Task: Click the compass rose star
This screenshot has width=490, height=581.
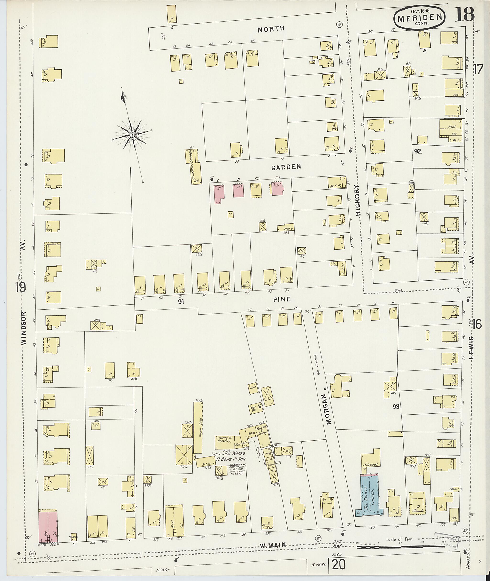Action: (132, 135)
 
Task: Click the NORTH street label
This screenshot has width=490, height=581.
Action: (271, 29)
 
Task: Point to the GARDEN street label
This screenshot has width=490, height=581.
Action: (286, 167)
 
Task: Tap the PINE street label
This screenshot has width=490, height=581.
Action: (282, 299)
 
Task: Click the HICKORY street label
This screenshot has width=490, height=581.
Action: (358, 200)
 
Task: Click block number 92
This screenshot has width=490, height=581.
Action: (418, 151)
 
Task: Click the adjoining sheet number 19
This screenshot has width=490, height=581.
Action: (21, 288)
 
